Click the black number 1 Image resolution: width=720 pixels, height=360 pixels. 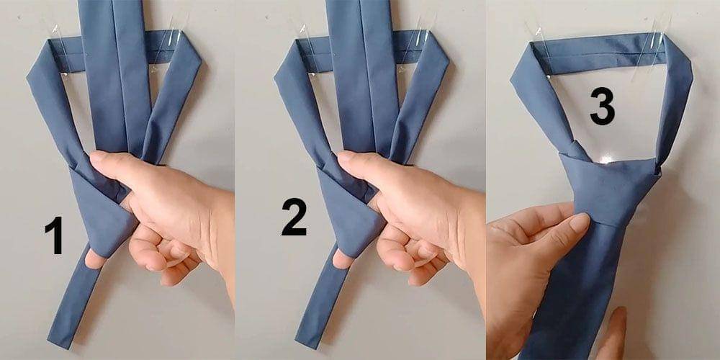point(54,235)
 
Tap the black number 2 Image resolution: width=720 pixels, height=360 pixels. point(294,217)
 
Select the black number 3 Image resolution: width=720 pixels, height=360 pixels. point(602,106)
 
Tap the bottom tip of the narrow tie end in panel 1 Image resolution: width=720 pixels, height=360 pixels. point(58,343)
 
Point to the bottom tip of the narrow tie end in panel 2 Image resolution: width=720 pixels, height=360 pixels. point(306,343)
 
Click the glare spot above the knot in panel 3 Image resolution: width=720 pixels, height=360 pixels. point(606,158)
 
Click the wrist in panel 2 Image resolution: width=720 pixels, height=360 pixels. point(469,239)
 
